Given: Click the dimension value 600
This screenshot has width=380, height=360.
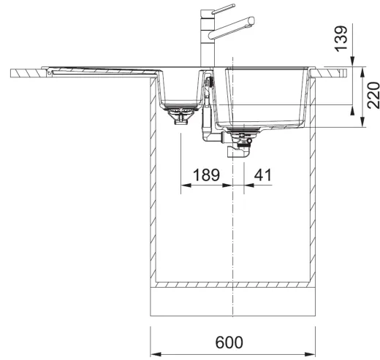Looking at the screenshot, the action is (x=229, y=342).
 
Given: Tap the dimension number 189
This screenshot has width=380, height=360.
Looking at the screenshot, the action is (x=206, y=175).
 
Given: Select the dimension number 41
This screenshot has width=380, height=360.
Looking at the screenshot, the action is (x=262, y=175).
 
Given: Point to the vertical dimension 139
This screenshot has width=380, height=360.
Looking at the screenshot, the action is (x=341, y=39).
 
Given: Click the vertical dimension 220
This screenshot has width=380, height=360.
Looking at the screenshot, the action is (x=373, y=96).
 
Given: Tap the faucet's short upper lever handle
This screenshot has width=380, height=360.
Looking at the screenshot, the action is (x=224, y=9).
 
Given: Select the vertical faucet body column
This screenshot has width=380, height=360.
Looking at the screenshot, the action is (x=207, y=38).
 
